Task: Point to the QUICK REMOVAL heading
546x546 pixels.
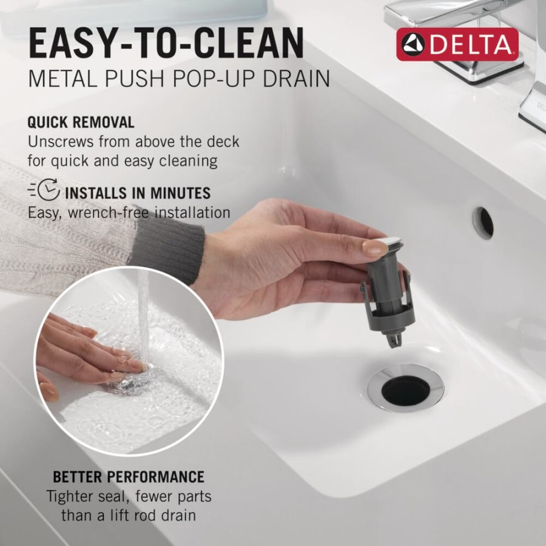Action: [81, 122]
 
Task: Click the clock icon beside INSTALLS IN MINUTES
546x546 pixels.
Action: [49, 193]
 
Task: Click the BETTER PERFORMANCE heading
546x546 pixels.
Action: [129, 476]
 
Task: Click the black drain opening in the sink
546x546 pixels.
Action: [405, 390]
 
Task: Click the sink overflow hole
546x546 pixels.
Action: [484, 222]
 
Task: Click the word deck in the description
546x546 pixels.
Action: [223, 142]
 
